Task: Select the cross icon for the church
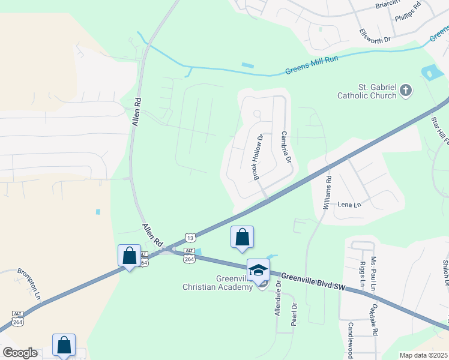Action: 406,91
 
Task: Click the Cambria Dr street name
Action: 286,148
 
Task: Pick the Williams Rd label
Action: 327,192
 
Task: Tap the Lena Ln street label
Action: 349,205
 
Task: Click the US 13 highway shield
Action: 190,237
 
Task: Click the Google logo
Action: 20,353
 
